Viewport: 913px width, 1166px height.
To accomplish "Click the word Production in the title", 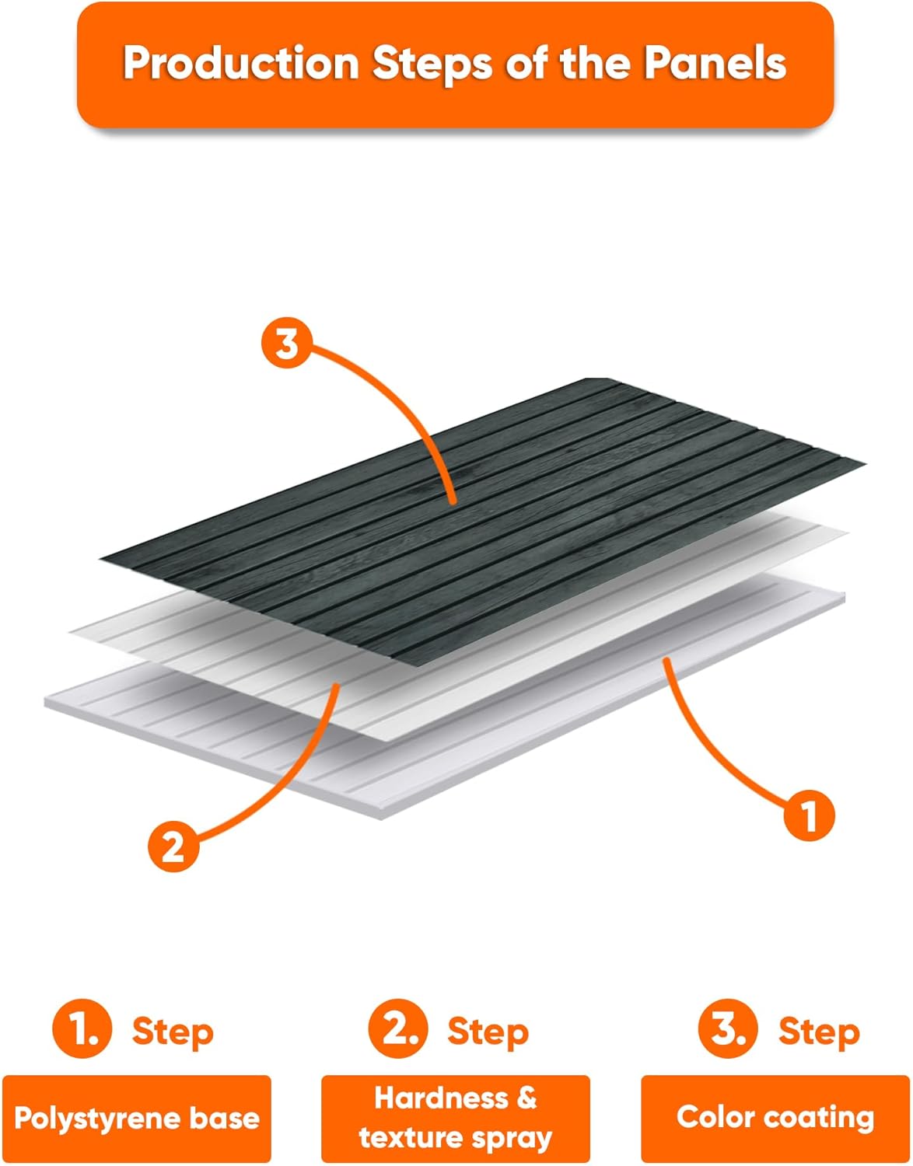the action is (241, 63).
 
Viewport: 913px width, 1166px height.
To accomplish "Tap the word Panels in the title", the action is (715, 63).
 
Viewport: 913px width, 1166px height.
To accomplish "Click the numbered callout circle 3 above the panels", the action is (287, 344).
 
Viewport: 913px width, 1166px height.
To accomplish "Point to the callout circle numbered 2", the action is (173, 847).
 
